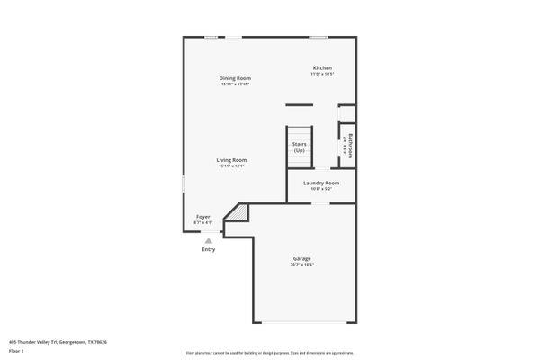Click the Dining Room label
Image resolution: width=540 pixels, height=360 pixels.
click(x=235, y=78)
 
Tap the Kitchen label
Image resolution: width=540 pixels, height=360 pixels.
click(x=322, y=68)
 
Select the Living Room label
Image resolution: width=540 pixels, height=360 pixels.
click(x=231, y=160)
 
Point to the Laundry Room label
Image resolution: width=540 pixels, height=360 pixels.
click(x=321, y=183)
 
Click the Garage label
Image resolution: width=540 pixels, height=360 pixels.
click(x=301, y=258)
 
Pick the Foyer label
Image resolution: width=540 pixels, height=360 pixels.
click(x=203, y=217)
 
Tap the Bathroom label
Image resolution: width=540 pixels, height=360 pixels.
click(x=350, y=144)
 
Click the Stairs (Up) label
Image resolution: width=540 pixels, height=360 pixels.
click(x=300, y=146)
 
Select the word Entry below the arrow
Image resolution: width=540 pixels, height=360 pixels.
click(x=209, y=249)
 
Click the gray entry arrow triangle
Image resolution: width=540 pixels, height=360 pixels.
click(x=209, y=240)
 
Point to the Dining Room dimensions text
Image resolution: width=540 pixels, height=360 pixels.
click(x=235, y=85)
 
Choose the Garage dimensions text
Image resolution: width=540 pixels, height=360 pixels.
click(x=301, y=265)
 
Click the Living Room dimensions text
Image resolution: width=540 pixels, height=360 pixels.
click(x=231, y=166)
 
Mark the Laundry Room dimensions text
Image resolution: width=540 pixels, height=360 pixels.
click(x=321, y=189)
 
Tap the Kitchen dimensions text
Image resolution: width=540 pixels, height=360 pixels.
click(x=322, y=75)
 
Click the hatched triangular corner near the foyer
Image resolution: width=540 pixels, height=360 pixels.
click(x=238, y=212)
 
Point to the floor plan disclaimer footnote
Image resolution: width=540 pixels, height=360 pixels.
click(x=270, y=353)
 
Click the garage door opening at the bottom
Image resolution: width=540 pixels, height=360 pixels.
click(x=302, y=322)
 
